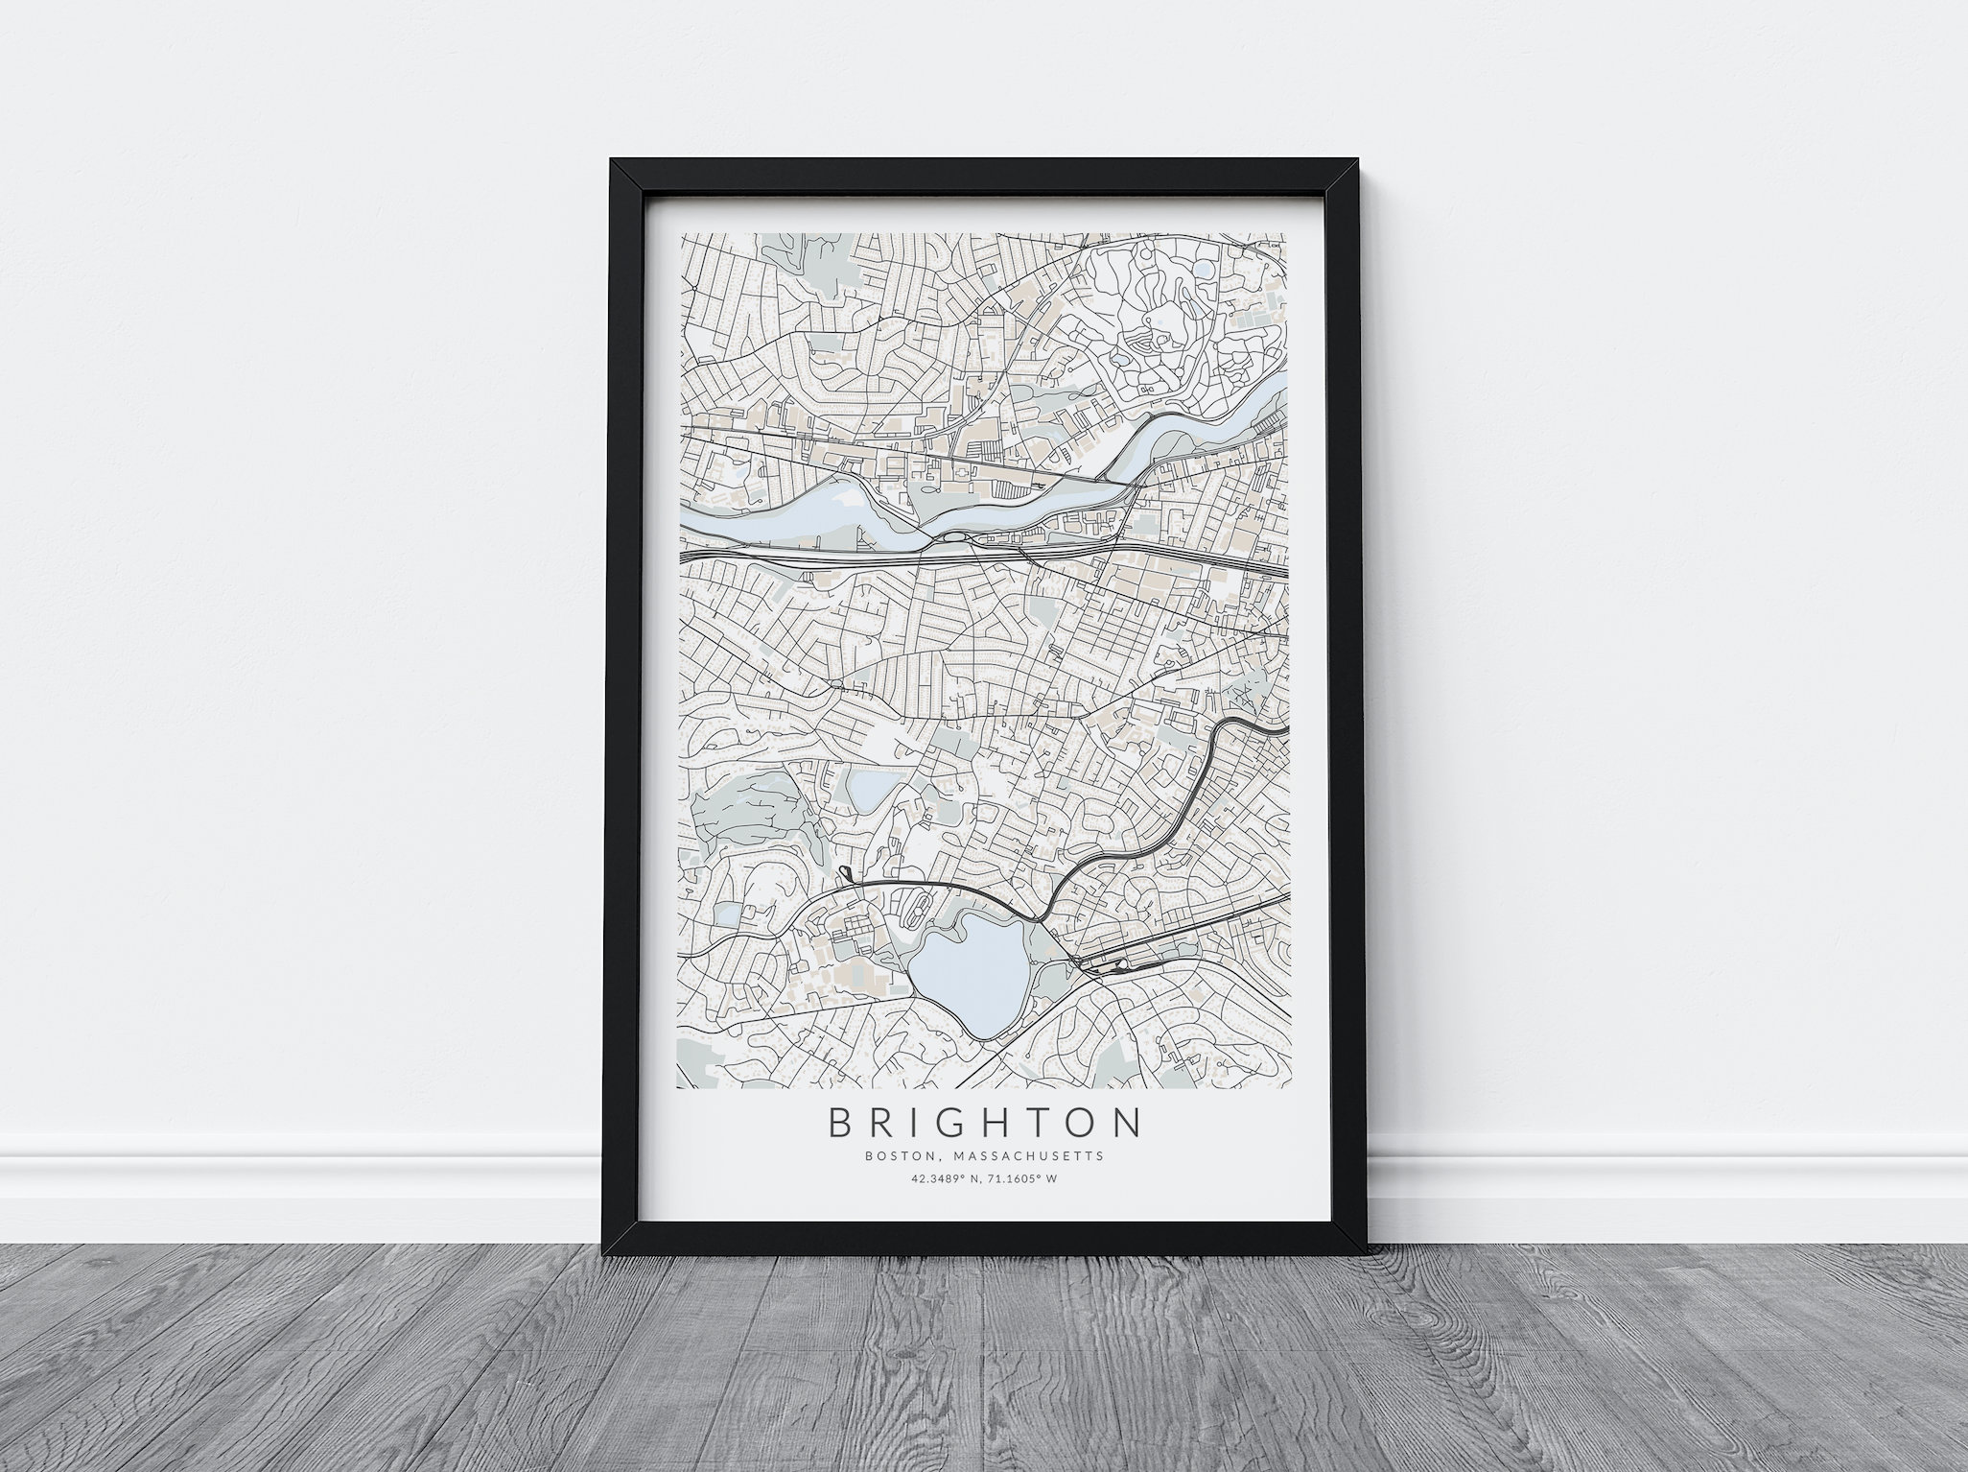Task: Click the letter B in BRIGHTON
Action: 842,1124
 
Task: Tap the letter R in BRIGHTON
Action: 889,1124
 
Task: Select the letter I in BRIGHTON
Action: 925,1124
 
